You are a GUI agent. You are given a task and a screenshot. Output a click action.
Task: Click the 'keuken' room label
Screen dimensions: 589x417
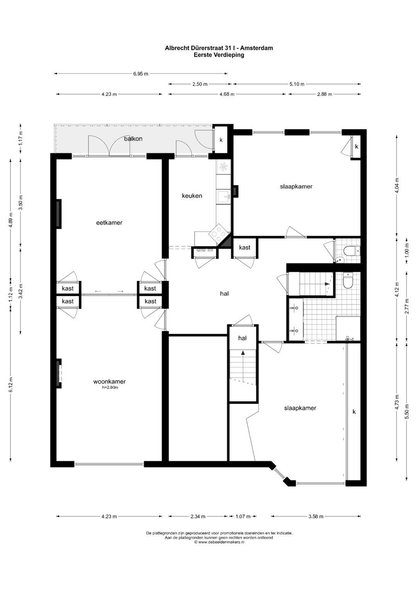[x=192, y=196]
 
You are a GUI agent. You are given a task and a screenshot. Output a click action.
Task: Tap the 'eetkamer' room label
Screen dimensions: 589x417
[x=109, y=223]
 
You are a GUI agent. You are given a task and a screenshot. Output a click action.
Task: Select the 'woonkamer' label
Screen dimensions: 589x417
[x=109, y=381]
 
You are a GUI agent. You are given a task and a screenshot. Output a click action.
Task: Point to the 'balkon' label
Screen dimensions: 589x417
[x=133, y=138]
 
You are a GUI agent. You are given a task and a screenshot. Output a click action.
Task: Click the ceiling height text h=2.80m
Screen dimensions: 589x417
[x=110, y=388]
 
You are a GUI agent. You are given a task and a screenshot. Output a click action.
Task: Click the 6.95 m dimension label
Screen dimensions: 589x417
[x=141, y=74]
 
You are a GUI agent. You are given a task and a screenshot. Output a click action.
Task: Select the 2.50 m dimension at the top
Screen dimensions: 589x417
[x=200, y=84]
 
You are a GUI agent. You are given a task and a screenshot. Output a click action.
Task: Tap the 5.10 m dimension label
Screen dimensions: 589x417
[x=297, y=84]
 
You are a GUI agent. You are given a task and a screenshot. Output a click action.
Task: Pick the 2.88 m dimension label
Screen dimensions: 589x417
[x=324, y=94]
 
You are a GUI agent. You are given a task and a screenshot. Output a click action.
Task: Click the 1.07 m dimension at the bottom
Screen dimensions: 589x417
[x=243, y=516]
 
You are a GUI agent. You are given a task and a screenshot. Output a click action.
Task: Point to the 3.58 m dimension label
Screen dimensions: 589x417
[x=316, y=516]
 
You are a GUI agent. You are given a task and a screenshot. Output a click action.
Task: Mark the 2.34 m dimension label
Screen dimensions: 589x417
[x=198, y=516]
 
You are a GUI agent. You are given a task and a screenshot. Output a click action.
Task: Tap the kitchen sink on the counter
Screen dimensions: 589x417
[x=223, y=197]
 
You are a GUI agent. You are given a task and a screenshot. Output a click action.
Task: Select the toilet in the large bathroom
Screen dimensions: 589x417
[x=348, y=281]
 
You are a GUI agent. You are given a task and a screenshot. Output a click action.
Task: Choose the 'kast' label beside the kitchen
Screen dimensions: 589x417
[x=244, y=248]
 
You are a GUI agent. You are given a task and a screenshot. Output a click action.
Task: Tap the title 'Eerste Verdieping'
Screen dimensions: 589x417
[x=219, y=55]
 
